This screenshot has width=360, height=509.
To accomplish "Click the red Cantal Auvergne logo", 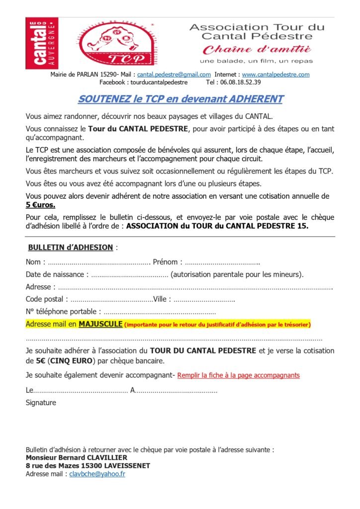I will coord(42,43).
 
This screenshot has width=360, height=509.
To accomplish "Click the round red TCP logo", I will coord(115,44).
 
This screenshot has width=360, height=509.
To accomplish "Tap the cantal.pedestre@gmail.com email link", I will coord(174,75).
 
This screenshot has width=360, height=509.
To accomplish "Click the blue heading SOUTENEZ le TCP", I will coord(180,99).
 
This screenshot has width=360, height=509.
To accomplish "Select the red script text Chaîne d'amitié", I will coord(257,50).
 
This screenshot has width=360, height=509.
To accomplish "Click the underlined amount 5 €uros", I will coord(41,205).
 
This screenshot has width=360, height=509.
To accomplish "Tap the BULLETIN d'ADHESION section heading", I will coord(71,247).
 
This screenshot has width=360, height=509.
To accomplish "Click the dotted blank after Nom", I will coord(99,262).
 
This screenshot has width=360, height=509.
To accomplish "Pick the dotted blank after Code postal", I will coord(111,299).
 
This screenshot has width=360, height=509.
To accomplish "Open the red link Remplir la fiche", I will coord(238,375).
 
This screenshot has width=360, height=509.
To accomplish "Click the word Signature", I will coord(41,403).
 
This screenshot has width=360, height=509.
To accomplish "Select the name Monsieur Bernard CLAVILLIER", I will coord(76,457).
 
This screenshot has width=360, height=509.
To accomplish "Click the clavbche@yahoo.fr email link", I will coord(97,474).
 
